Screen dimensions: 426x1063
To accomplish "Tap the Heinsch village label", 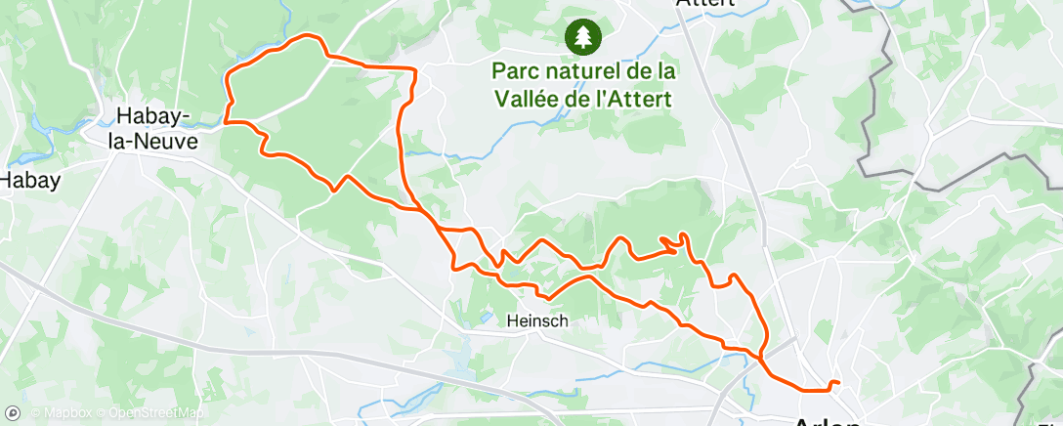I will coord(537,319).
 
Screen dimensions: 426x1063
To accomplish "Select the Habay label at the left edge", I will coord(30,180).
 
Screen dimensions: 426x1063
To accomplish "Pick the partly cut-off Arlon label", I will coord(827,421).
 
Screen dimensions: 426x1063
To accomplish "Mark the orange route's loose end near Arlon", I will coord(837,382).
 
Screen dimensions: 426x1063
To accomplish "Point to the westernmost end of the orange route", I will coord(227,122).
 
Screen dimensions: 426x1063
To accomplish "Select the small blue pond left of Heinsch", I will coord(486,318).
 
